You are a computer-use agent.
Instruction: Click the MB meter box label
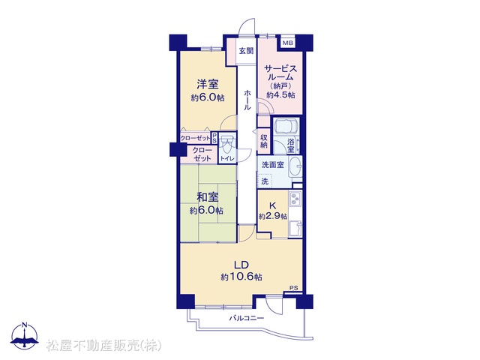288,43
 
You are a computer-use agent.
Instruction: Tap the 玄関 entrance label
247,50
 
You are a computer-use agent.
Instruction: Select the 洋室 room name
207,84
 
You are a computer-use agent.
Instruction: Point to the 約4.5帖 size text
280,95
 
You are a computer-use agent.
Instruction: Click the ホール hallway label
247,100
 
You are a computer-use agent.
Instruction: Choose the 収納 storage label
264,142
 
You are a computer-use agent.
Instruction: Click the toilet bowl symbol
227,145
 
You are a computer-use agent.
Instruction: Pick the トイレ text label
227,158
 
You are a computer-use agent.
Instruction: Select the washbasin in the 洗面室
295,166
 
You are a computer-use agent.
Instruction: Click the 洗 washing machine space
265,181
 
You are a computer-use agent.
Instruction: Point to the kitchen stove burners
295,199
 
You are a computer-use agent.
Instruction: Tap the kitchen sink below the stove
295,228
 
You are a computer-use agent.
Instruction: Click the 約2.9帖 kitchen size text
273,217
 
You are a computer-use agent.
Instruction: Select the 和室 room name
207,197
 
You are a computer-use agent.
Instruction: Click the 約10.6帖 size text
241,277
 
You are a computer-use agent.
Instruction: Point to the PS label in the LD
294,288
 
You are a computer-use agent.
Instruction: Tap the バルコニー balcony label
247,318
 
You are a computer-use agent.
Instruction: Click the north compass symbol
25,336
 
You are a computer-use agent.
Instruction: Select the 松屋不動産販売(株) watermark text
103,346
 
